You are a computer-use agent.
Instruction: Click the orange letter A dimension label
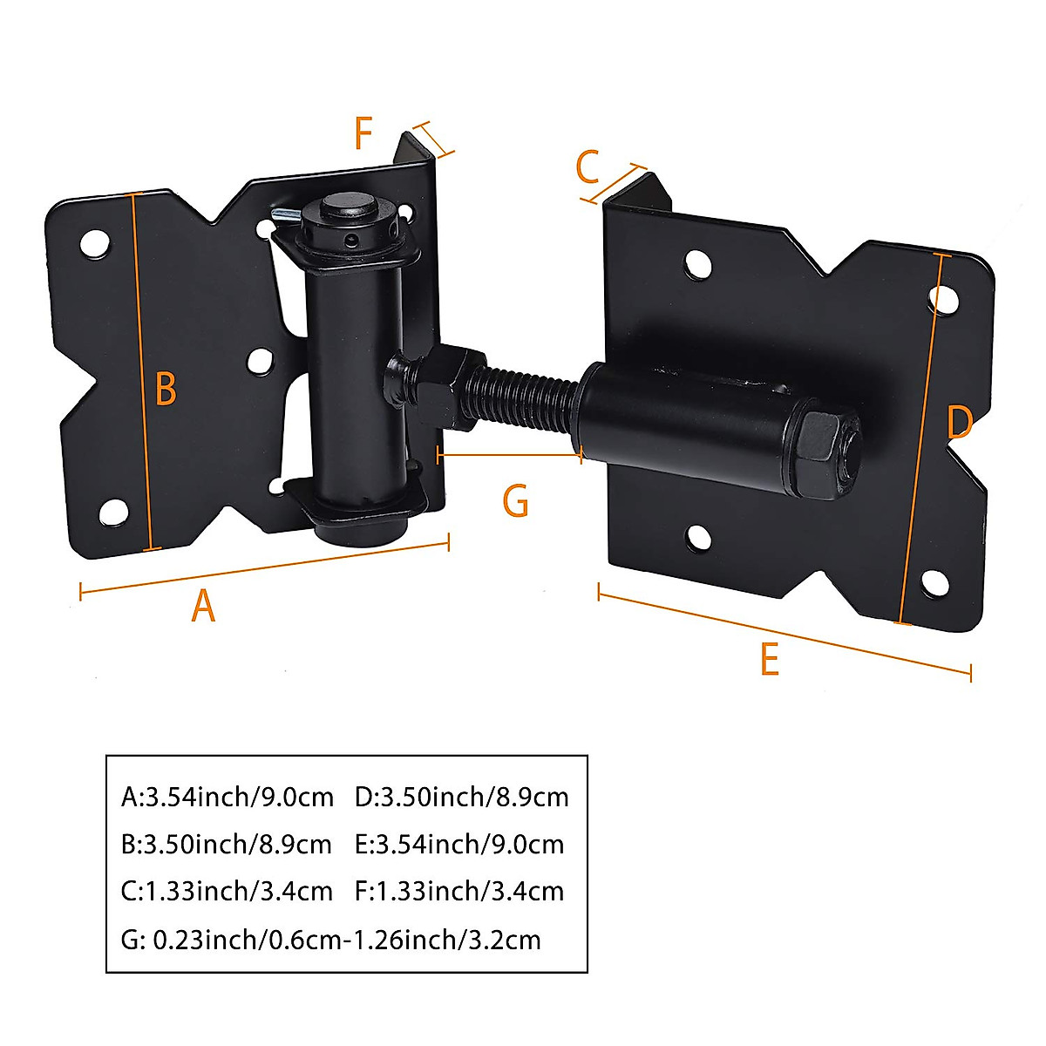[x=202, y=606]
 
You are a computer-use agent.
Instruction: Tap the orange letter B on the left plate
[x=166, y=389]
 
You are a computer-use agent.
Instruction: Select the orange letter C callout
[x=588, y=166]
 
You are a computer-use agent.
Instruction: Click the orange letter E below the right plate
[x=769, y=660]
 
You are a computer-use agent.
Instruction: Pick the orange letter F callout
[x=363, y=134]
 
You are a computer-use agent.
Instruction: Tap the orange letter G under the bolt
[x=515, y=502]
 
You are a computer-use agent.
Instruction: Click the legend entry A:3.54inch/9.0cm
[x=228, y=797]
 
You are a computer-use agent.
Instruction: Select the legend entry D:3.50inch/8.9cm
[x=461, y=797]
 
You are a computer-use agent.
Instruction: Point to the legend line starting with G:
[x=331, y=940]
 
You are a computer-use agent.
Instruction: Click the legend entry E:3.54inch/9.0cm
[x=459, y=844]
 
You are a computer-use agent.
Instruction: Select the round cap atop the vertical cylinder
[x=346, y=210]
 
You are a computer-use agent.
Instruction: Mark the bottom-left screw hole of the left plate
[x=112, y=513]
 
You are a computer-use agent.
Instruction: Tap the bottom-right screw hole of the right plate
[x=935, y=582]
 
